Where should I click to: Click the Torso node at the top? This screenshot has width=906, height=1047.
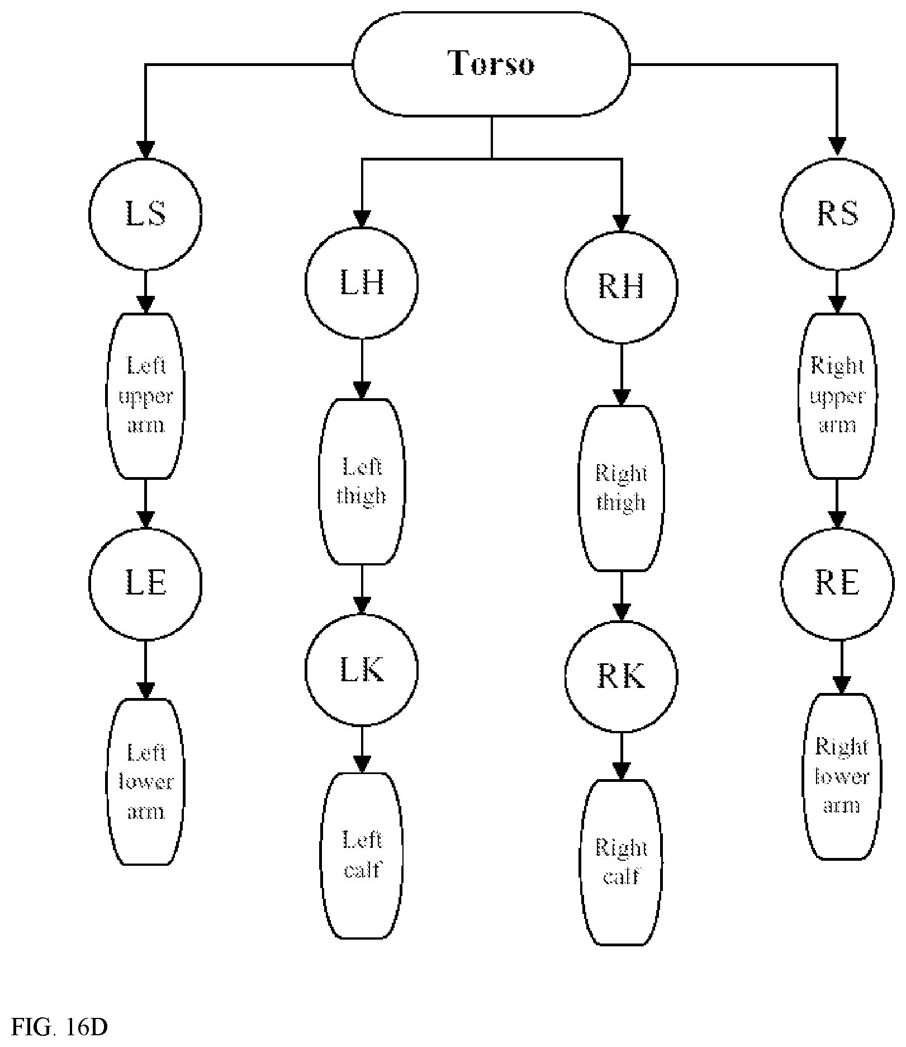pyautogui.click(x=492, y=64)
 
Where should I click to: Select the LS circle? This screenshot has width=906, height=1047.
pyautogui.click(x=145, y=214)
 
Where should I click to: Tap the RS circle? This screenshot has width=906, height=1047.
pyautogui.click(x=837, y=214)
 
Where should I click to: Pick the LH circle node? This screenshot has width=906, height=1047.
pyautogui.click(x=362, y=283)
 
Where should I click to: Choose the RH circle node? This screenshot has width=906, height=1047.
pyautogui.click(x=622, y=286)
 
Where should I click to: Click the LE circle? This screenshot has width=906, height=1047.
pyautogui.click(x=145, y=584)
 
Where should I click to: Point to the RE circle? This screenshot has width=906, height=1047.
pyautogui.click(x=837, y=584)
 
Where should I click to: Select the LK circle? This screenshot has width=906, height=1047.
pyautogui.click(x=362, y=669)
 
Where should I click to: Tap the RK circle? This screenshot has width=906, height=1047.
pyautogui.click(x=622, y=676)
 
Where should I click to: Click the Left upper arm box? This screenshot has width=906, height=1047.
pyautogui.click(x=145, y=395)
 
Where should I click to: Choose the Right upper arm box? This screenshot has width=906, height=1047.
pyautogui.click(x=837, y=395)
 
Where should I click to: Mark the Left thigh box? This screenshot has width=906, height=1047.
pyautogui.click(x=362, y=482)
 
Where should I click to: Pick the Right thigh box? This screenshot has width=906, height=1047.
pyautogui.click(x=622, y=488)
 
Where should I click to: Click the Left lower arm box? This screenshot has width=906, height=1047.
pyautogui.click(x=145, y=782)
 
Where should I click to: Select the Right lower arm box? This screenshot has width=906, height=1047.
pyautogui.click(x=841, y=776)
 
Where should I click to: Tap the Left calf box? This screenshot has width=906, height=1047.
pyautogui.click(x=362, y=856)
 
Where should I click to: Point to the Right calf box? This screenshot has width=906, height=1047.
pyautogui.click(x=622, y=862)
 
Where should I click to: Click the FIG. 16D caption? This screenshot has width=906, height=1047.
pyautogui.click(x=60, y=1027)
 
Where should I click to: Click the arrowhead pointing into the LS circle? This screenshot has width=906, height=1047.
pyautogui.click(x=145, y=148)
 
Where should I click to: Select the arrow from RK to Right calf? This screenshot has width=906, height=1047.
pyautogui.click(x=622, y=757)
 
